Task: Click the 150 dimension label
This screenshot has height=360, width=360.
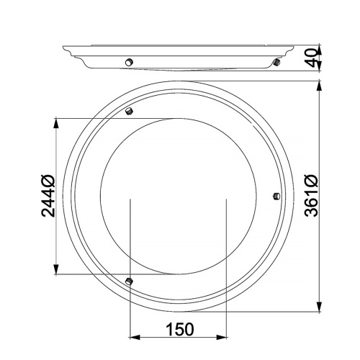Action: click(180, 329)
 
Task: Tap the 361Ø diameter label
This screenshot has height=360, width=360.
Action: click(312, 195)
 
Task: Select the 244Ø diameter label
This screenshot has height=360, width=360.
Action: click(48, 196)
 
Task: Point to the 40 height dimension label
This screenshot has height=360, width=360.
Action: click(311, 58)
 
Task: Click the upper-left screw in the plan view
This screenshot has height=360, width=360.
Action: click(129, 111)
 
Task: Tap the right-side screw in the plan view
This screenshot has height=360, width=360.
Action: click(276, 196)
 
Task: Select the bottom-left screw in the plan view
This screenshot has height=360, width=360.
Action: click(129, 281)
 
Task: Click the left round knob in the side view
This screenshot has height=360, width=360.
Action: click(129, 62)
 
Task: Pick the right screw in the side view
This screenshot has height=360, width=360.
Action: click(276, 63)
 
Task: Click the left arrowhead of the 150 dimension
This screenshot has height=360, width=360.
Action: click(135, 337)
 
